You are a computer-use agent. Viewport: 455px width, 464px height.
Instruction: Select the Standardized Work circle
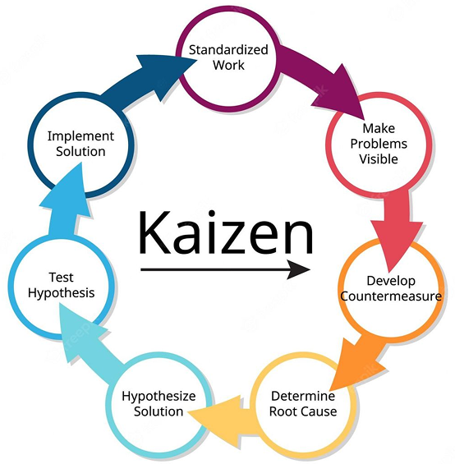click(228, 57)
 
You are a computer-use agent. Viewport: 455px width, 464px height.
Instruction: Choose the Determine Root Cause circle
click(303, 403)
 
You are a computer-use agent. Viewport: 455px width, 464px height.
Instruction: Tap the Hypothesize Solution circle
click(159, 403)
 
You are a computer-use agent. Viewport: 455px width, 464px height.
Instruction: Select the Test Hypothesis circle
click(61, 285)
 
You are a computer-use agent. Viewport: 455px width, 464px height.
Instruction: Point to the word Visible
click(379, 158)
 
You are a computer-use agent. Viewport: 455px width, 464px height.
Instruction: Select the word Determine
click(303, 396)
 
